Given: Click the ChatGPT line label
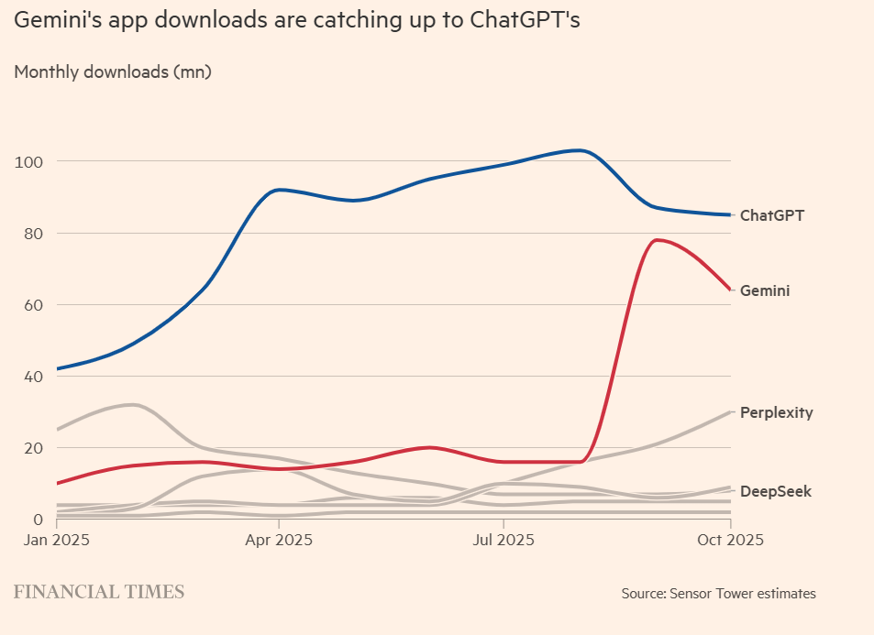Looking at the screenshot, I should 771,215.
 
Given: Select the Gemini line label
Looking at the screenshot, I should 765,290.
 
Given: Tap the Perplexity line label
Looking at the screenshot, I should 776,412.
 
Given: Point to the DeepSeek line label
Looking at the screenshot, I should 775,491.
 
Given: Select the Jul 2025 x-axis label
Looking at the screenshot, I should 503,540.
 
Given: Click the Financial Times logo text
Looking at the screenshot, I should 99,592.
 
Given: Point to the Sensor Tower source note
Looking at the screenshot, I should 718,594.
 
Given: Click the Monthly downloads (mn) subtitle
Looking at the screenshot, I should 113,71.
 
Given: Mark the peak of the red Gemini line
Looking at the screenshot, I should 657,240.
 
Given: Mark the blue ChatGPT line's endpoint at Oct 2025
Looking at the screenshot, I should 730,215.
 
